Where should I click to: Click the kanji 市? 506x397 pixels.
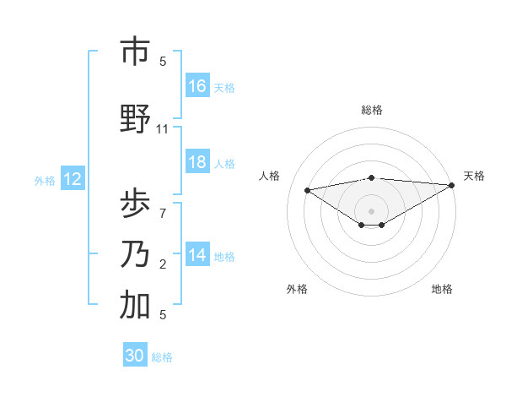pyautogui.click(x=135, y=52)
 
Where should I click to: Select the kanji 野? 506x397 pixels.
pyautogui.click(x=135, y=119)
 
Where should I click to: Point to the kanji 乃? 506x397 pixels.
pyautogui.click(x=135, y=253)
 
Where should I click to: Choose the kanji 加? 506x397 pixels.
pyautogui.click(x=135, y=306)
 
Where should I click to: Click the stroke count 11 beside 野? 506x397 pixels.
pyautogui.click(x=163, y=129)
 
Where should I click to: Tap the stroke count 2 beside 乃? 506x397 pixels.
pyautogui.click(x=163, y=264)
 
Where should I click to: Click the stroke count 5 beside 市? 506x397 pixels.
pyautogui.click(x=163, y=62)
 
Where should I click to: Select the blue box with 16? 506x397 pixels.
pyautogui.click(x=197, y=85)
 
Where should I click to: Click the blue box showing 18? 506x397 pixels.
pyautogui.click(x=197, y=162)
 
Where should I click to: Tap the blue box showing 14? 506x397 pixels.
pyautogui.click(x=197, y=254)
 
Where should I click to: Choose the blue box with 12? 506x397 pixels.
pyautogui.click(x=72, y=179)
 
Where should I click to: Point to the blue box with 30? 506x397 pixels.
pyautogui.click(x=135, y=356)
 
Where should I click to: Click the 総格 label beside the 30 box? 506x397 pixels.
pyautogui.click(x=163, y=357)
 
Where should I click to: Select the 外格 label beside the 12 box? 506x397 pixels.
pyautogui.click(x=45, y=180)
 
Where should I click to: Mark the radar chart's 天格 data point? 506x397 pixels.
pyautogui.click(x=452, y=186)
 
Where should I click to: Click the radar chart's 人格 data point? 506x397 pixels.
pyautogui.click(x=307, y=189)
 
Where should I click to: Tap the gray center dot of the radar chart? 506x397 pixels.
pyautogui.click(x=371, y=209)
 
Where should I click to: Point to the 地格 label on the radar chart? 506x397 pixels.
pyautogui.click(x=442, y=289)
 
